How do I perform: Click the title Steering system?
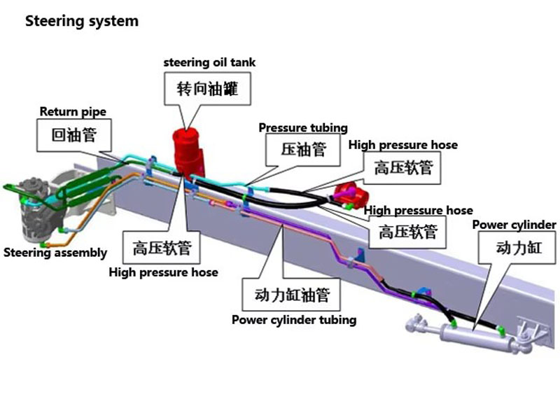click(82, 21)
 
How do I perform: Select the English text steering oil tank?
click(209, 62)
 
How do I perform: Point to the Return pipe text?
click(73, 111)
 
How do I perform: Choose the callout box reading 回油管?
click(74, 135)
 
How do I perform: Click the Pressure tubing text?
click(303, 128)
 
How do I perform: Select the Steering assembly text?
click(55, 253)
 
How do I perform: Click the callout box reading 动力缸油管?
click(292, 295)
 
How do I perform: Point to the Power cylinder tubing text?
click(294, 320)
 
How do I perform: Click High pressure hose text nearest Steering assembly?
click(163, 272)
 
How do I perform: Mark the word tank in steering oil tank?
click(243, 62)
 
